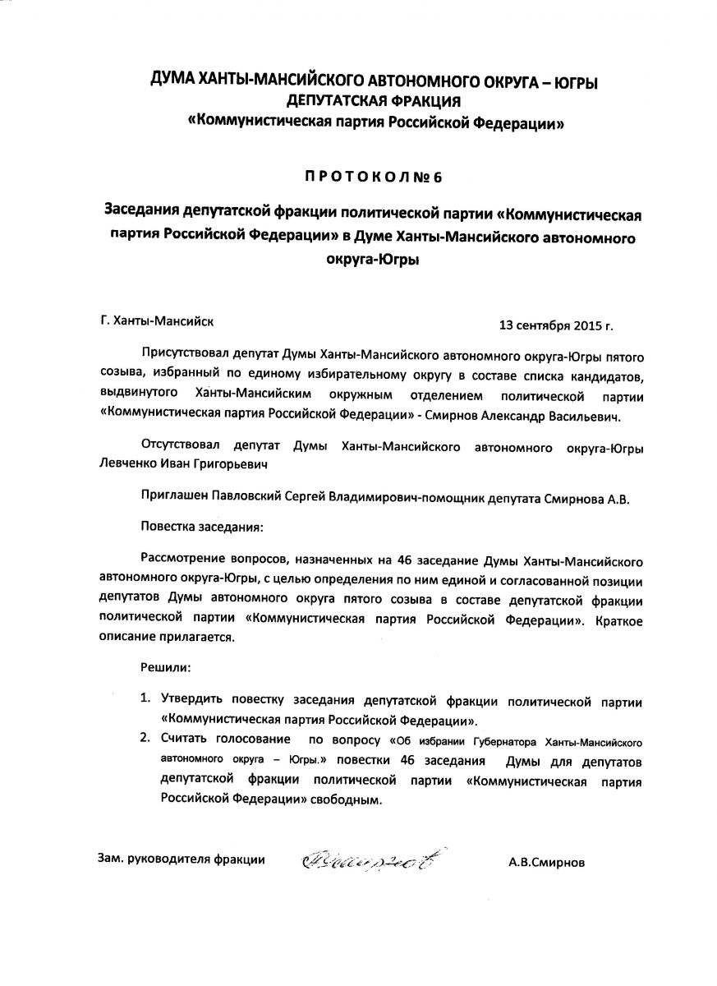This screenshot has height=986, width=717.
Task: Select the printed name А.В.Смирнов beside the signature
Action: [549, 862]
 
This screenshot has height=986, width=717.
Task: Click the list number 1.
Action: [145, 698]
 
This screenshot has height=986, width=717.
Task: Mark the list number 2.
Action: [145, 738]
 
